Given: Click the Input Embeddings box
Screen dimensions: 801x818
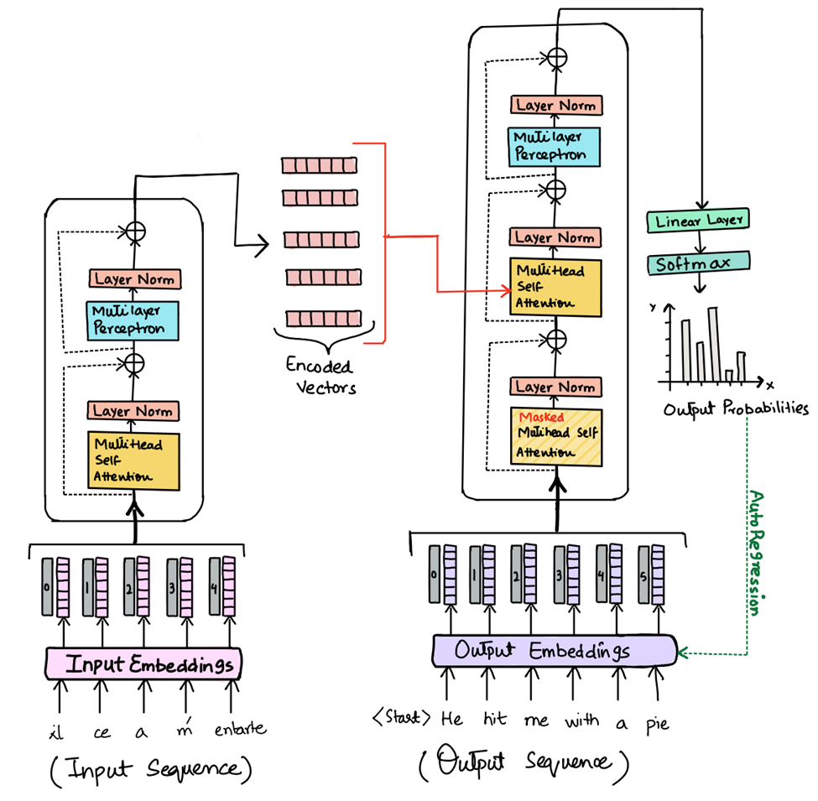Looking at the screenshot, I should (x=148, y=665).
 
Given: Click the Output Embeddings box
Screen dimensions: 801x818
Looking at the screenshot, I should (x=554, y=651).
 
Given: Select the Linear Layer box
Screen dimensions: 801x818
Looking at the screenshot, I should (x=698, y=221).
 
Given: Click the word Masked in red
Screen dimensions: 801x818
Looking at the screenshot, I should (x=541, y=417).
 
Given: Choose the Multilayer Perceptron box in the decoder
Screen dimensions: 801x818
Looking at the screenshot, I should (x=555, y=145).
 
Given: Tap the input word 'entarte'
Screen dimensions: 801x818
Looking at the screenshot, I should (x=239, y=728).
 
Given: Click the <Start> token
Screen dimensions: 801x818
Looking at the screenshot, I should (x=403, y=718).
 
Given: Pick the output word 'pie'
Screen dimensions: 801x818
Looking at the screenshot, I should (x=657, y=723).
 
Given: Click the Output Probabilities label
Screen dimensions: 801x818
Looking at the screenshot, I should (x=736, y=409).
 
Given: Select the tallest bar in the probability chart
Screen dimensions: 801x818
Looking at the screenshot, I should (x=712, y=344).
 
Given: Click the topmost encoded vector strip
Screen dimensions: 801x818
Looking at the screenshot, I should (x=319, y=165).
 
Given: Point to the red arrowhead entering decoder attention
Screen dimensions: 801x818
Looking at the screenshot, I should (x=505, y=291).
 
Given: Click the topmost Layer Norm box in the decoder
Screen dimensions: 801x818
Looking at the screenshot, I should (x=555, y=105).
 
